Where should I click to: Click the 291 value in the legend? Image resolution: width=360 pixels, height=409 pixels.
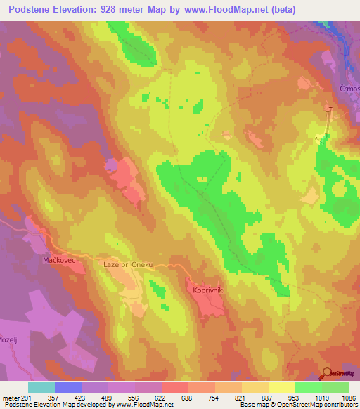pyautogui.click(x=22, y=397)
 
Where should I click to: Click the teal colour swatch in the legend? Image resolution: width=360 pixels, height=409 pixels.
pyautogui.click(x=41, y=387)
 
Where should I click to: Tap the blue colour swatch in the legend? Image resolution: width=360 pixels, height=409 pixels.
pyautogui.click(x=68, y=387)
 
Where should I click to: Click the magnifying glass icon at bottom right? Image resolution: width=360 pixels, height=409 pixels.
pyautogui.click(x=326, y=372)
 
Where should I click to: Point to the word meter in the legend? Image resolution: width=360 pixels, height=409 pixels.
pyautogui.click(x=9, y=397)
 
